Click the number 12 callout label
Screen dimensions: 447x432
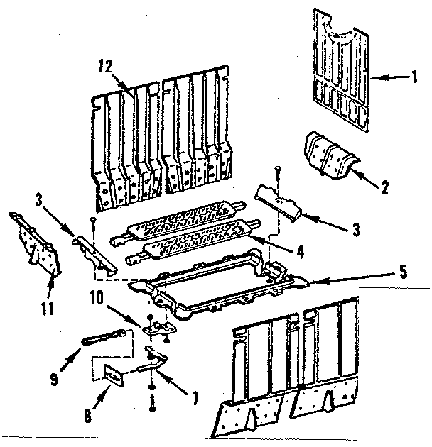[x=106, y=67]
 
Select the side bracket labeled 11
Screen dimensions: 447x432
[x=36, y=241]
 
